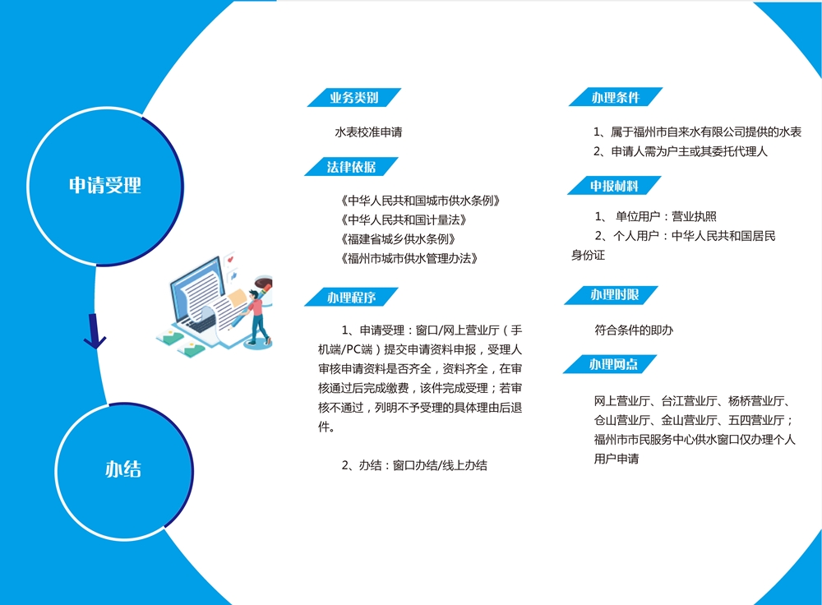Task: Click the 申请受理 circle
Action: click(105, 186)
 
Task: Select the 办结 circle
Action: click(124, 470)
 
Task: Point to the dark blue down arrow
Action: click(95, 332)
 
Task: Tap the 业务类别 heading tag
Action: click(353, 98)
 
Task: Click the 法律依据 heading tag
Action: click(351, 167)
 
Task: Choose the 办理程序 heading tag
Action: click(351, 298)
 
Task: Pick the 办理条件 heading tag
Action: click(616, 97)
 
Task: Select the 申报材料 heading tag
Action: click(614, 186)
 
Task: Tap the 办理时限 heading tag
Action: click(612, 294)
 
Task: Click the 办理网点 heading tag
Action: click(610, 364)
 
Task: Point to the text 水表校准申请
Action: click(368, 132)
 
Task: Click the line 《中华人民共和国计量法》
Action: click(404, 219)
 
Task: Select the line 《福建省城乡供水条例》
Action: click(398, 239)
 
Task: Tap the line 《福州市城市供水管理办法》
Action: click(409, 258)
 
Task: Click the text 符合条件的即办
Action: click(634, 330)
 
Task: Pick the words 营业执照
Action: click(694, 216)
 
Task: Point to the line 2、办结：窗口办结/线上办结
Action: click(414, 465)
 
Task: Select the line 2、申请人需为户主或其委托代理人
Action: click(681, 151)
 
